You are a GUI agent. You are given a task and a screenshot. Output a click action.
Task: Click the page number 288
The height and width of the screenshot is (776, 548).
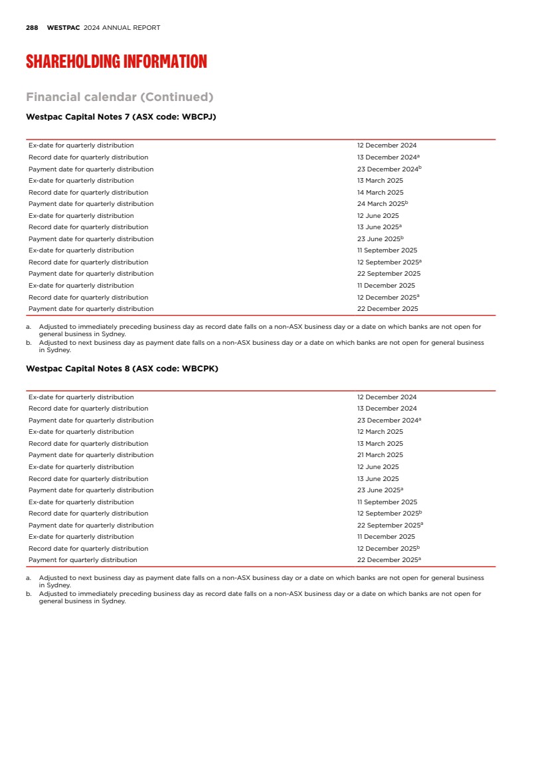click(x=32, y=28)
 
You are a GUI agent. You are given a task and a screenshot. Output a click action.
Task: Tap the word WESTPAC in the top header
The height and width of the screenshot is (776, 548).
click(x=63, y=28)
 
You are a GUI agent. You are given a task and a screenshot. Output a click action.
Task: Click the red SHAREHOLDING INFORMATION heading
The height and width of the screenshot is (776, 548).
click(x=116, y=62)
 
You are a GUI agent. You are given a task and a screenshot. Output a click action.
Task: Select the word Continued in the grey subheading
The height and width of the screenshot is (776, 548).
click(x=177, y=97)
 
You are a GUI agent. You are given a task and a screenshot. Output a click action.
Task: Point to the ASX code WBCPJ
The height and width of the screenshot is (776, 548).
click(x=197, y=117)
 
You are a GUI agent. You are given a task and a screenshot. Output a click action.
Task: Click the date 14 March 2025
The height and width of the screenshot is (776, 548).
click(x=380, y=193)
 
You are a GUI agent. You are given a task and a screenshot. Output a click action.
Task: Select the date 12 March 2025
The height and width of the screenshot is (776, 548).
click(x=380, y=432)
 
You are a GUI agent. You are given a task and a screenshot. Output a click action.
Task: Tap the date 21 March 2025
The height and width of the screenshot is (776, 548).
click(x=380, y=455)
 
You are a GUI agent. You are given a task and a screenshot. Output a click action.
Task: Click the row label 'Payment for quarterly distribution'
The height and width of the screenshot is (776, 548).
click(x=82, y=560)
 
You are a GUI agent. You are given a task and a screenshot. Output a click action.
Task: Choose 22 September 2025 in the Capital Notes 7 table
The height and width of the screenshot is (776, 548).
click(x=389, y=274)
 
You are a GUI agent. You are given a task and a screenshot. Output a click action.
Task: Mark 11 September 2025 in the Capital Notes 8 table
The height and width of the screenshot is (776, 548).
click(x=387, y=502)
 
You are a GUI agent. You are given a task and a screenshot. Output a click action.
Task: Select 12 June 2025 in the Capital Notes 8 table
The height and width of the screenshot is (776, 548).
click(x=378, y=467)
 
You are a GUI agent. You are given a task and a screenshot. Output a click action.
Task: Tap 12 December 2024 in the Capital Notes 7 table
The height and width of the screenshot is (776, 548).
click(x=387, y=145)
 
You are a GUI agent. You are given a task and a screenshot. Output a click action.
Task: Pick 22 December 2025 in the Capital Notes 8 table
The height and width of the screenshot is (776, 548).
click(x=387, y=560)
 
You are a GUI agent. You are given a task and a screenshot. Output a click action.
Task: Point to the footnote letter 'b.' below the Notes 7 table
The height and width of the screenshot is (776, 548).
click(x=29, y=343)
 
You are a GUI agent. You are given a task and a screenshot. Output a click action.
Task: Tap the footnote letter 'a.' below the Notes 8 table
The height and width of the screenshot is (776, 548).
click(x=29, y=579)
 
